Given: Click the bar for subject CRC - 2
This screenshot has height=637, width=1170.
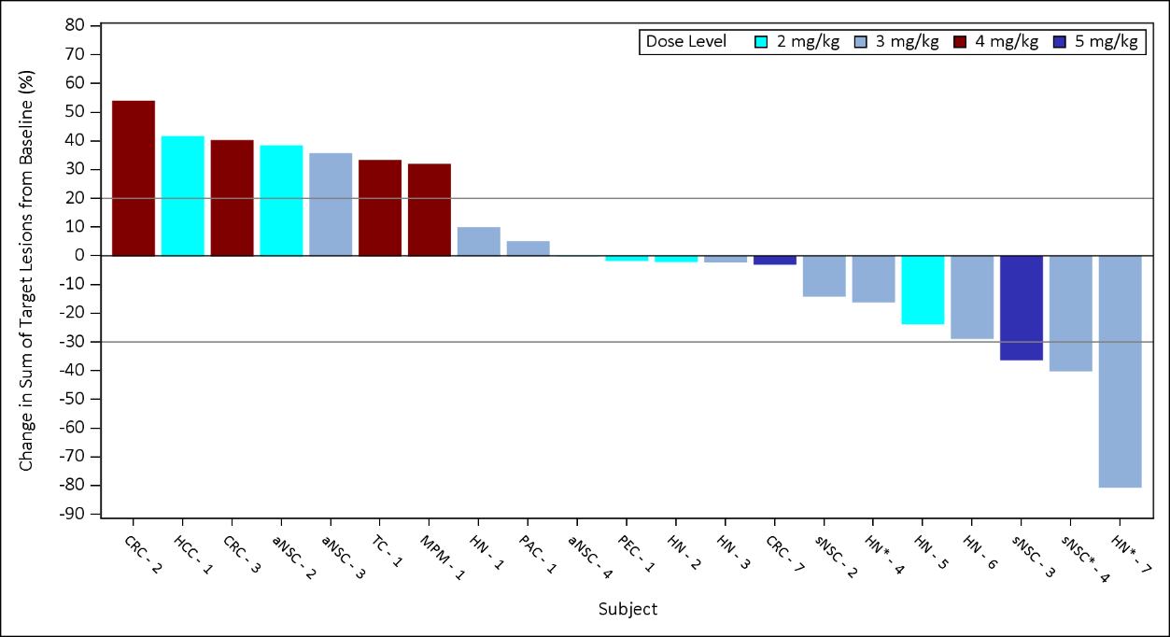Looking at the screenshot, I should pos(134,177).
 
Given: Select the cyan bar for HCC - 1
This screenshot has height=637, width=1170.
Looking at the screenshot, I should pos(183,195).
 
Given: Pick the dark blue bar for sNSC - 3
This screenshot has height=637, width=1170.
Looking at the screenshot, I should pos(1022,307).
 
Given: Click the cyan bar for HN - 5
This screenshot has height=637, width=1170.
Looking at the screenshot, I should pos(923,290).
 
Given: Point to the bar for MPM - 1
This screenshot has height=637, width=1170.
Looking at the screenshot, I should pos(430,209).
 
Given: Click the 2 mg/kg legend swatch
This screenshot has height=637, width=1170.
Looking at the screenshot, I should pos(762,42).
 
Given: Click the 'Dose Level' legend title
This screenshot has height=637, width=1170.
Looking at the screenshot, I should pos(685,42).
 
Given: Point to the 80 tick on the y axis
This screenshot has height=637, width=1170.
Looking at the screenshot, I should pos(75,25).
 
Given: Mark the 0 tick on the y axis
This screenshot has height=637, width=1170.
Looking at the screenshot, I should pos(80,255).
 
